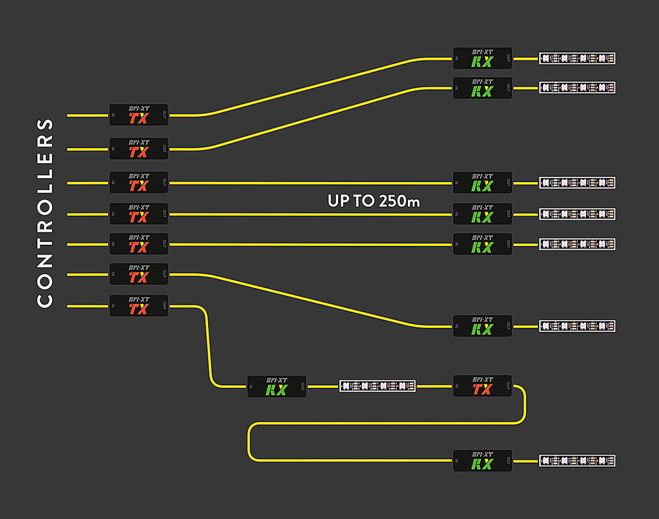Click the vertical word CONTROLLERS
click(45, 212)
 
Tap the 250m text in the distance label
click(399, 201)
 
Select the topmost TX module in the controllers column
click(138, 115)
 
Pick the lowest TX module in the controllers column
click(138, 306)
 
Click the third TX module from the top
click(138, 183)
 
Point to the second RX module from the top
click(482, 88)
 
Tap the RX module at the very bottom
click(482, 460)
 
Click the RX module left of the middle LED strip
click(276, 386)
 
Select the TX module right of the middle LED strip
click(482, 386)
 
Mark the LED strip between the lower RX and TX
click(378, 386)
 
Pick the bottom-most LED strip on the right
click(577, 460)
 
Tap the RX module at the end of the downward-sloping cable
click(482, 326)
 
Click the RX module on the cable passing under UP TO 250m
click(482, 214)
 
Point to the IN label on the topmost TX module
click(113, 115)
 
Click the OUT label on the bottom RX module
click(508, 460)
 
